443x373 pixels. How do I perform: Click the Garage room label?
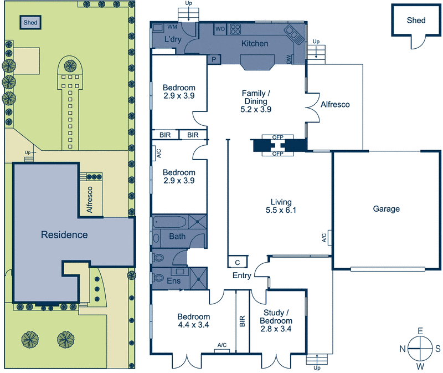[x=386, y=209]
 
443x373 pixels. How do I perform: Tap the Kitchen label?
[x=255, y=43]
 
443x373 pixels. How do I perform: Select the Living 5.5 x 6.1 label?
[x=281, y=206]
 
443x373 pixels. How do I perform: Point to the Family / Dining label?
[x=256, y=98]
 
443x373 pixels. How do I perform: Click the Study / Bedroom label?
[x=276, y=316]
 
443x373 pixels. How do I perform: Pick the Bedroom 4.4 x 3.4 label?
[x=193, y=321]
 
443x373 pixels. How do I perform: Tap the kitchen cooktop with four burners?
[x=235, y=29]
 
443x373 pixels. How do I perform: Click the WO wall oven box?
[x=220, y=29]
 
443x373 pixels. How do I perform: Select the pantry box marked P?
[x=214, y=59]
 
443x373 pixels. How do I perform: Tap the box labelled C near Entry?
[x=238, y=262]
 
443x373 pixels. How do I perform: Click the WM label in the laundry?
[x=172, y=27]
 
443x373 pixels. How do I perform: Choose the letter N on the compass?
[x=403, y=349]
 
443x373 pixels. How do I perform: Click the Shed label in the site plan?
[x=30, y=22]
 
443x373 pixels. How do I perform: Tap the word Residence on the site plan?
[x=64, y=234]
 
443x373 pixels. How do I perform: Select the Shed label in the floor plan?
[x=416, y=21]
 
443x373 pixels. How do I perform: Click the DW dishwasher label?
[x=289, y=59]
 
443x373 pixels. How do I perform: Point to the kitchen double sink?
[x=294, y=34]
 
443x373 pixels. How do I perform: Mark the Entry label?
[x=242, y=275]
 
